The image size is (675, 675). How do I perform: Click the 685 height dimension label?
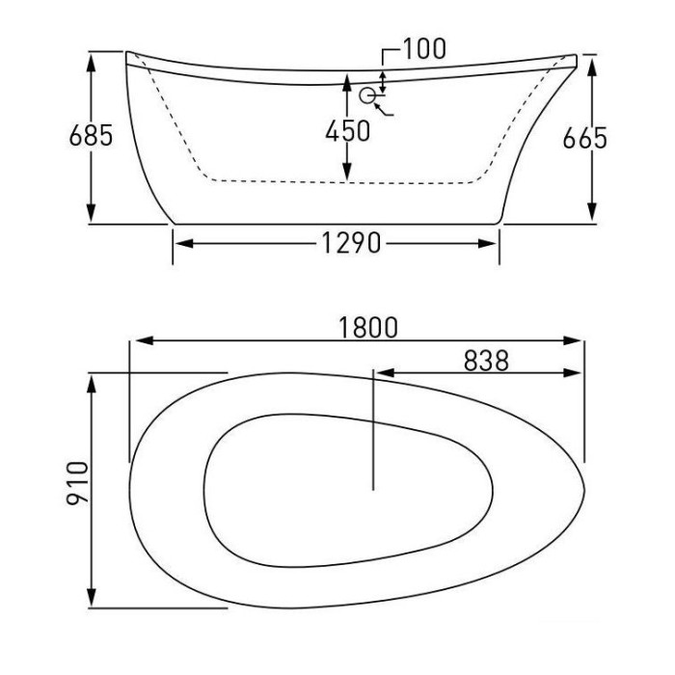point(91,135)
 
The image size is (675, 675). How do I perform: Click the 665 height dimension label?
point(584,138)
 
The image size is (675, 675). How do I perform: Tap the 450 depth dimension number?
point(347,131)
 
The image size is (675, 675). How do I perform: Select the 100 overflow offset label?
point(424,48)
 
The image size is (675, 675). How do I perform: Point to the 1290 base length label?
point(351,243)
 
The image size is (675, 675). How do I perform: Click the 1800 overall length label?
point(368,328)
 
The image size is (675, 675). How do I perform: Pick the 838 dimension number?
point(486,361)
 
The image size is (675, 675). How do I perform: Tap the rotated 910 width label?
point(77,482)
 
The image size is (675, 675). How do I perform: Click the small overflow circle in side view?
point(367,95)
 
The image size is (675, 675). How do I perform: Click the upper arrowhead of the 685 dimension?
point(91,64)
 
